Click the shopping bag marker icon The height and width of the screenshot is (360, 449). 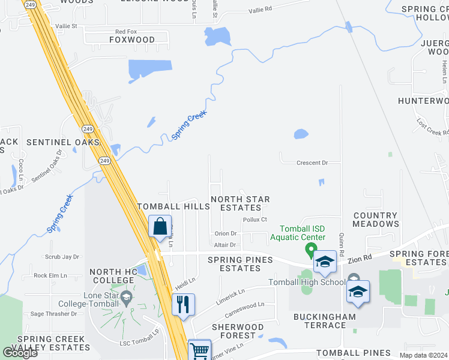(x=160, y=227)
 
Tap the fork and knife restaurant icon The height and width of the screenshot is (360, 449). (x=183, y=304)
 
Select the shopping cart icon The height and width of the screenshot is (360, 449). (x=199, y=350)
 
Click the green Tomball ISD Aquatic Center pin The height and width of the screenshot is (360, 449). (x=311, y=248)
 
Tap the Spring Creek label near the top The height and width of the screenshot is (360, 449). (x=190, y=125)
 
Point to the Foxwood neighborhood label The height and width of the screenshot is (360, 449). (x=131, y=40)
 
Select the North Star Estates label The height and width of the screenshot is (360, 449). (x=240, y=203)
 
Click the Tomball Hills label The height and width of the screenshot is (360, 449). (x=173, y=206)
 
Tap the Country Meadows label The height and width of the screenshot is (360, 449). (x=375, y=220)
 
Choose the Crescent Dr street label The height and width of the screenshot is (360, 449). (x=312, y=163)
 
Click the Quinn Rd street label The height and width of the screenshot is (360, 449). (x=340, y=232)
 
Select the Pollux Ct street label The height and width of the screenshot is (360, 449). (x=255, y=220)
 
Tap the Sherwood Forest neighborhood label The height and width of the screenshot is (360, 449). (x=238, y=331)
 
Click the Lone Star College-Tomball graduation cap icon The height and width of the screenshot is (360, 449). (x=126, y=296)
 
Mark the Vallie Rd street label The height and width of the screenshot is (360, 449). (x=260, y=9)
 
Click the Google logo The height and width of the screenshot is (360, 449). (x=20, y=352)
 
